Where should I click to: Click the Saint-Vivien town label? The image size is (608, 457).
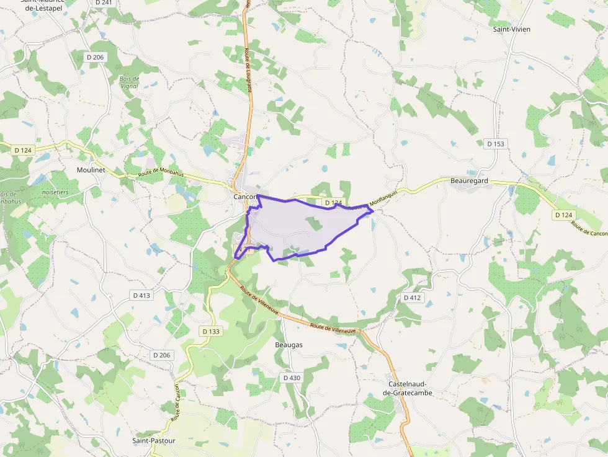click(x=511, y=29)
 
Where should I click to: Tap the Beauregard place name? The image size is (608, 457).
click(x=469, y=180)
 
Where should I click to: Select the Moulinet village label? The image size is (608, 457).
click(x=92, y=169)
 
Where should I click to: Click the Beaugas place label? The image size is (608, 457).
click(x=288, y=345)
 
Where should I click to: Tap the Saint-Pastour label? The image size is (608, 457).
click(x=153, y=441)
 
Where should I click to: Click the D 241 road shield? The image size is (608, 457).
click(x=104, y=2)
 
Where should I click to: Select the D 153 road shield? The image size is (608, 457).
click(x=496, y=144)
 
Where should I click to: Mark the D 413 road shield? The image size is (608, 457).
click(x=141, y=295)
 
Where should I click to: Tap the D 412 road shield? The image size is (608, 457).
click(x=412, y=298)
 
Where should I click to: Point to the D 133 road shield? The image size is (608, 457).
click(x=211, y=331)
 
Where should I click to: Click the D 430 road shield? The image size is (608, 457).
click(x=292, y=378)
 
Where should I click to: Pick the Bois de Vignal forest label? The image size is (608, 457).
click(x=130, y=83)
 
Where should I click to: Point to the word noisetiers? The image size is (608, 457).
click(x=56, y=192)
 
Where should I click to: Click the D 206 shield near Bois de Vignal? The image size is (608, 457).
click(x=96, y=57)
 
